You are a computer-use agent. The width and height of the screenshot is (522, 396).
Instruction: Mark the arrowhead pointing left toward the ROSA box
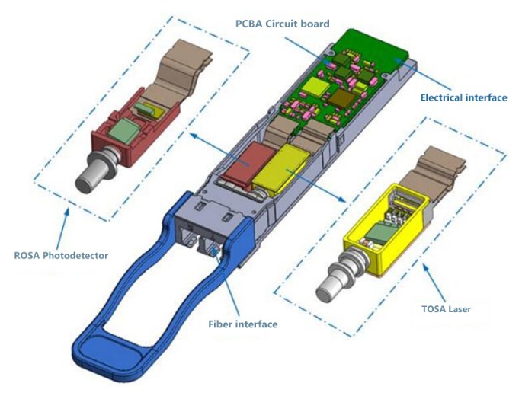[x=194, y=134]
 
